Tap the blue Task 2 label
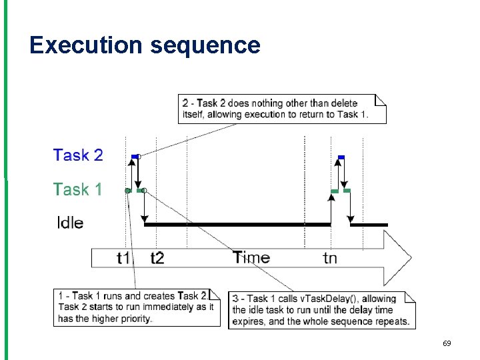(78, 155)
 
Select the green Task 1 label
(78, 189)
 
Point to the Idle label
(70, 223)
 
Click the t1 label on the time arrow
(124, 258)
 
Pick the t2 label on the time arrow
(157, 258)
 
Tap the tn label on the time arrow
(330, 258)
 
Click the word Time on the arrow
(251, 257)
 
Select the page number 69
(447, 343)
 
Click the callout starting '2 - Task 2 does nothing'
(283, 109)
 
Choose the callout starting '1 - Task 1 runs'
(137, 307)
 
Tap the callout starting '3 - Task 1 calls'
(321, 310)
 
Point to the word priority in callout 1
(134, 318)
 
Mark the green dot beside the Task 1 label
(127, 191)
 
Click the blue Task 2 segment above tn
(341, 157)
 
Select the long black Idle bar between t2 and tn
(237, 225)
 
